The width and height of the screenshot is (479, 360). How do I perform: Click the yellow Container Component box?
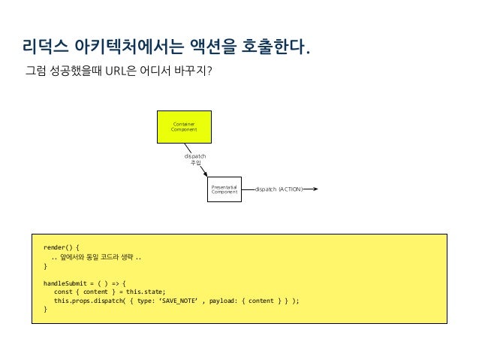click(184, 127)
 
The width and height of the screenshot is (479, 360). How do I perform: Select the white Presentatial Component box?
click(224, 190)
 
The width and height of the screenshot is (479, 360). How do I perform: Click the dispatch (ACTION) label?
click(279, 190)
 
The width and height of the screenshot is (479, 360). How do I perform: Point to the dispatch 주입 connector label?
click(195, 159)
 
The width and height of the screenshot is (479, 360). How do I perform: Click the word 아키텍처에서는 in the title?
click(127, 50)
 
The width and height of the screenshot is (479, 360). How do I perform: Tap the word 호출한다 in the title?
click(274, 50)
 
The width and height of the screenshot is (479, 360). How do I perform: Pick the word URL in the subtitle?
click(118, 74)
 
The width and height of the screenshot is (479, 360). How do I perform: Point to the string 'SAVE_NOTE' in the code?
click(182, 299)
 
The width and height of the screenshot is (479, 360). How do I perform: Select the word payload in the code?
click(227, 299)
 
